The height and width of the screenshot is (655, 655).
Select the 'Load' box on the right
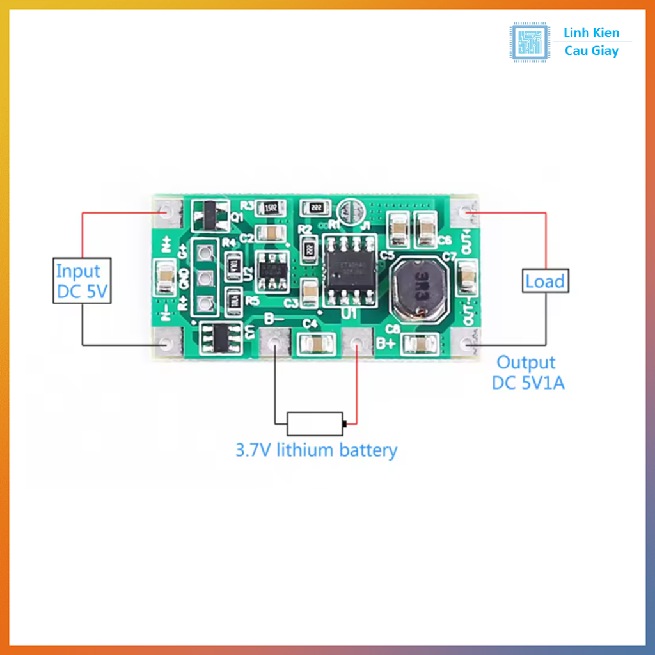(545, 281)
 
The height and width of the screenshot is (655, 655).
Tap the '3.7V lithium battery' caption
(316, 450)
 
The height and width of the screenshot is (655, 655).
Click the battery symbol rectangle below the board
(315, 423)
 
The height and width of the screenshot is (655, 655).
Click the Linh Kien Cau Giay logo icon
(530, 43)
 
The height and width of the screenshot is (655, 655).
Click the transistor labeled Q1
(210, 215)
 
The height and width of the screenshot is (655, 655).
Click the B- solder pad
(276, 344)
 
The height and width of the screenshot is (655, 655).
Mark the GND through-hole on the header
(205, 278)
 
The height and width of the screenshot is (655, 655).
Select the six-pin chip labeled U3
(217, 339)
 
